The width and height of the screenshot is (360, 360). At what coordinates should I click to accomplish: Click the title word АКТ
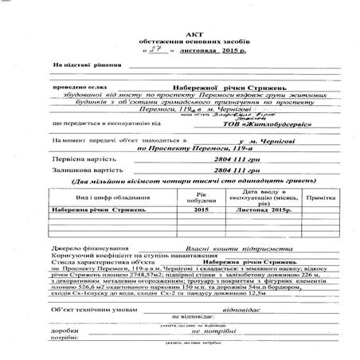pyautogui.click(x=181, y=26)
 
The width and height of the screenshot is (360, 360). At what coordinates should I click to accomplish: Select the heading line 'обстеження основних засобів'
pyautogui.click(x=180, y=37)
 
